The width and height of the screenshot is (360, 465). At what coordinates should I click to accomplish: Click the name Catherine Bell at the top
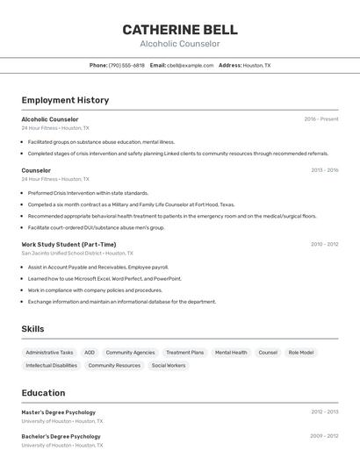coord(180,30)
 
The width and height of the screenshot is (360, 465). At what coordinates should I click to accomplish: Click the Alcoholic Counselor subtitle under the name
coord(180,44)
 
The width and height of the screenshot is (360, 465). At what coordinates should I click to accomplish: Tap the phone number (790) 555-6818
coord(126,65)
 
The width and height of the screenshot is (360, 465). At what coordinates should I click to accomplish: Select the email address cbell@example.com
coord(190,65)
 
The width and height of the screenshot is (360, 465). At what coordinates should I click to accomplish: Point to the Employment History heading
coord(65,100)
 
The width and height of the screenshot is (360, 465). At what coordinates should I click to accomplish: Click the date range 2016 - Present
coord(321,118)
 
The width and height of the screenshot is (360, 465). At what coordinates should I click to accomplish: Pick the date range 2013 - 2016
coord(324,170)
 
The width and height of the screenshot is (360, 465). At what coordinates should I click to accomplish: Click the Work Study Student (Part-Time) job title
coord(68,245)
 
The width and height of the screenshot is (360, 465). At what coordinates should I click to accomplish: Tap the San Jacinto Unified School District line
coord(77,253)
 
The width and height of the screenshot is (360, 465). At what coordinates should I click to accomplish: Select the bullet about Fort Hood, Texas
coord(131,204)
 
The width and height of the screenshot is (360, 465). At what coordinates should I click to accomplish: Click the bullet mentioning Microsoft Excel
coord(104,278)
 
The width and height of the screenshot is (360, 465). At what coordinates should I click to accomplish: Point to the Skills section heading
coord(33,329)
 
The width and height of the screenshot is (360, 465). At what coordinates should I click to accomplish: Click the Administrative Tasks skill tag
coord(49,353)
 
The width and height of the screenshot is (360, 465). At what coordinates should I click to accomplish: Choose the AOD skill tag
coord(90,353)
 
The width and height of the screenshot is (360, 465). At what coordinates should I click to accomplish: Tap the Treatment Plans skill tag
coord(184,353)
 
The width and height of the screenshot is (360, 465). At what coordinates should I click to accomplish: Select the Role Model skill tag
coord(301,353)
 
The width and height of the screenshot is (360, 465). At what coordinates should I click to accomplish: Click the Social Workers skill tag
coord(169,365)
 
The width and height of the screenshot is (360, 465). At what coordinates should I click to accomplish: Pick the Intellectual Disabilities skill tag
coord(52,365)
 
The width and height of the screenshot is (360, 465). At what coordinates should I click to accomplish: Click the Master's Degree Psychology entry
coord(59,412)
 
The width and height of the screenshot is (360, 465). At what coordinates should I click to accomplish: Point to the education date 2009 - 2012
coord(324,435)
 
